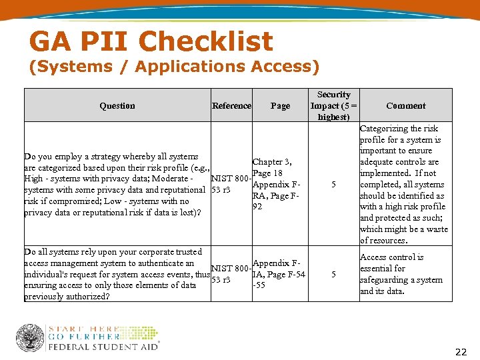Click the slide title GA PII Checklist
[x=151, y=41]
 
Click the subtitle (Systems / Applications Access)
[x=174, y=67]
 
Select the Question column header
[x=117, y=105]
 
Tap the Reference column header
[x=231, y=105]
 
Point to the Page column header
[x=280, y=105]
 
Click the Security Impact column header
[x=333, y=105]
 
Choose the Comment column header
[x=405, y=105]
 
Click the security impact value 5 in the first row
[x=333, y=185]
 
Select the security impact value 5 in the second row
[x=333, y=274]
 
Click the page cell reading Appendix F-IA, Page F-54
[x=279, y=274]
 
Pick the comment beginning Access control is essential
[x=401, y=274]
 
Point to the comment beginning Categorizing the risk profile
[x=403, y=184]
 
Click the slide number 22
[x=461, y=352]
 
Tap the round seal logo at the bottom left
[x=30, y=338]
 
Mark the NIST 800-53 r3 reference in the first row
[x=231, y=185]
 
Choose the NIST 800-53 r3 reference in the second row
[x=231, y=274]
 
